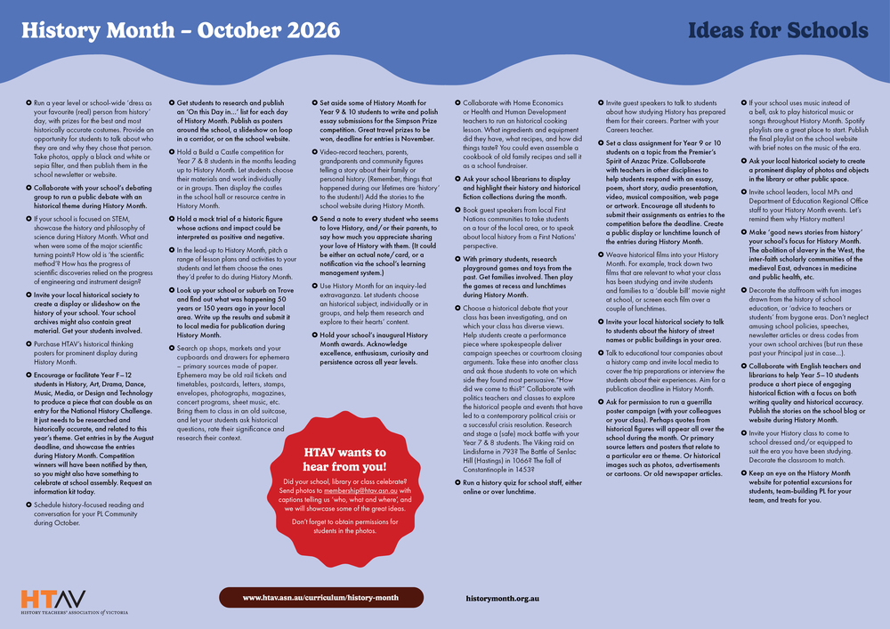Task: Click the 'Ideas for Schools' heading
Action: click(x=778, y=31)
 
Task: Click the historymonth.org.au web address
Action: click(x=504, y=598)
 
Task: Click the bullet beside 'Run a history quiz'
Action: click(x=456, y=481)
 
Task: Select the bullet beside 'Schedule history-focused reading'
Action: click(x=27, y=504)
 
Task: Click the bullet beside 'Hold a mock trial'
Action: click(x=171, y=218)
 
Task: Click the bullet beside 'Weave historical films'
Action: click(x=600, y=254)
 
